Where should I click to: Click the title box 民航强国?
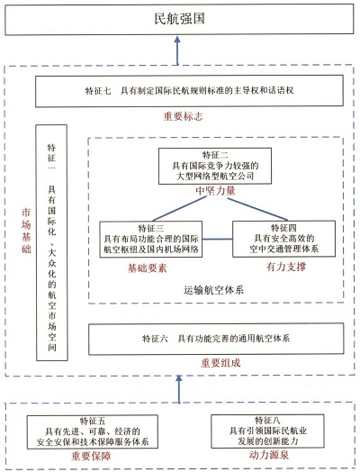[x=179, y=19]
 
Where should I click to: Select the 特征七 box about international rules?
[x=189, y=91]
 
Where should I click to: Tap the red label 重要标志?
[x=184, y=116]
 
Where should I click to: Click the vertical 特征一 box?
[x=51, y=242]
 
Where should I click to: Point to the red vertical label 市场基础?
[x=26, y=231]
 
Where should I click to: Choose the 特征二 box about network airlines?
[x=215, y=166]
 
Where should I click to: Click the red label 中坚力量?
[x=215, y=191]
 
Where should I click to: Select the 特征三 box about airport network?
[x=151, y=240]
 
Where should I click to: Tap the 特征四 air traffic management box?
[x=283, y=239]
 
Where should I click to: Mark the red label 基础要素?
[x=147, y=268]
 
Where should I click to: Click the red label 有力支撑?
[x=286, y=267]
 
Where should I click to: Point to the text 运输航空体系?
[x=214, y=290]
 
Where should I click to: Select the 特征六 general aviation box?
[x=216, y=339]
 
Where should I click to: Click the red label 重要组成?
[x=220, y=363]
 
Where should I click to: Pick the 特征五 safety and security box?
[x=93, y=432]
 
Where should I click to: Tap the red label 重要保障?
[x=91, y=456]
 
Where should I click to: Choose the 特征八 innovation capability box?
[x=267, y=431]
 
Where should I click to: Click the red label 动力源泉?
[x=269, y=455]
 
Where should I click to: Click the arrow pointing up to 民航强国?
[x=177, y=50]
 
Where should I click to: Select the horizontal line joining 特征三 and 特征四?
[x=218, y=240]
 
